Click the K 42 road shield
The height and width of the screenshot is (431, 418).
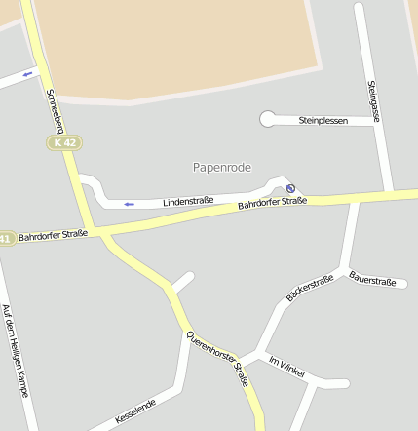tap(65, 142)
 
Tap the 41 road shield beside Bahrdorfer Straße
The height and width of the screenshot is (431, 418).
tap(6, 238)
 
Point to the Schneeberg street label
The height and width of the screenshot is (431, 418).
tap(55, 109)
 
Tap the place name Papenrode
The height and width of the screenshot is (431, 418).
tap(222, 168)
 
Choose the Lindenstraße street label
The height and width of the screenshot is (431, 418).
tap(188, 199)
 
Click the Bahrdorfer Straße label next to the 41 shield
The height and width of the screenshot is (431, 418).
tap(53, 235)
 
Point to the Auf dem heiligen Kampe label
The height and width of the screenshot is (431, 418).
tap(15, 350)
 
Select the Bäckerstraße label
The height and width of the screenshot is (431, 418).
tap(310, 287)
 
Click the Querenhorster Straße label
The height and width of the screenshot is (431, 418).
tap(219, 360)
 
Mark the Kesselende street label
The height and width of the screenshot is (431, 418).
tap(135, 411)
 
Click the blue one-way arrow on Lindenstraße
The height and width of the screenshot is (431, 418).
tap(129, 204)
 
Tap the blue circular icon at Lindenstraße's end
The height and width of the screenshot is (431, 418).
tap(290, 188)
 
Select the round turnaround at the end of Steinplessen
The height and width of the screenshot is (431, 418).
tap(267, 119)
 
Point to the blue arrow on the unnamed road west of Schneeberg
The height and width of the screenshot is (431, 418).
tap(27, 74)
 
